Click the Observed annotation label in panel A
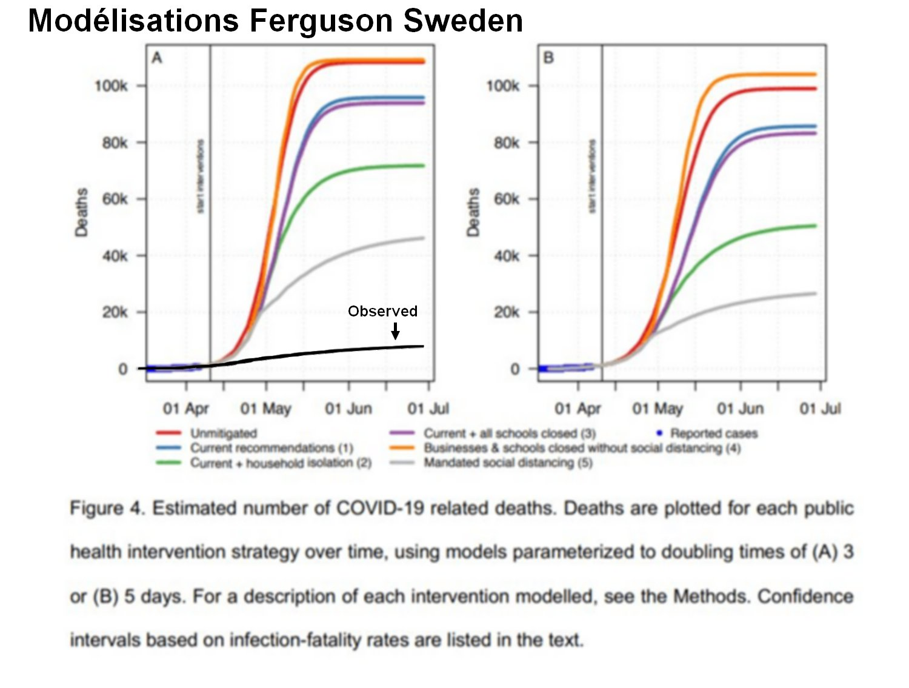coord(382,311)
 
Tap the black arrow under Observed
coord(396,331)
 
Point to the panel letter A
coord(157,58)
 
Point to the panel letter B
coord(548,58)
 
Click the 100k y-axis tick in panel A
coord(111,86)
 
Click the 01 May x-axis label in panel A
coord(265,409)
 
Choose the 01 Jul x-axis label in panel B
coord(820,409)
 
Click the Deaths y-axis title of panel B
coord(473,212)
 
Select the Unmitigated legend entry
coord(223,433)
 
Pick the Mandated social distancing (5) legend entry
coord(508,463)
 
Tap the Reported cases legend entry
coord(713,433)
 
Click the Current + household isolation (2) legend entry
coord(280,463)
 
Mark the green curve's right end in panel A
coord(424,165)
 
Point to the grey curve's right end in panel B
coord(816,293)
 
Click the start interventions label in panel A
coord(201,176)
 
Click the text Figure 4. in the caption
coord(107,508)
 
